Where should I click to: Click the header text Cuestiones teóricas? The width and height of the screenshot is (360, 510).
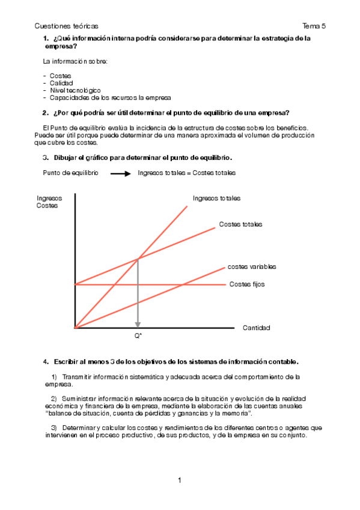click(67, 26)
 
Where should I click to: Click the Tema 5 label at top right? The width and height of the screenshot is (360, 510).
click(314, 26)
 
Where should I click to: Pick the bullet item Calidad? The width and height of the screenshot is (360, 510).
click(61, 82)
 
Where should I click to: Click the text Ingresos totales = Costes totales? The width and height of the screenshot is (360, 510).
click(187, 173)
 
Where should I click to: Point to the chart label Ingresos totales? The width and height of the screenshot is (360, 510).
click(217, 198)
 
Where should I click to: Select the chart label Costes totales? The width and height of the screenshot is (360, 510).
click(240, 224)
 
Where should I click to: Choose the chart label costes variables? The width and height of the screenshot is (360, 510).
click(252, 266)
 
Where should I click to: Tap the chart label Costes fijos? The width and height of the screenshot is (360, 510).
click(247, 284)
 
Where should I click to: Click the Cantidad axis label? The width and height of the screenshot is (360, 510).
click(257, 328)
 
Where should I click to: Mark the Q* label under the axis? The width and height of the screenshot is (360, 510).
click(138, 336)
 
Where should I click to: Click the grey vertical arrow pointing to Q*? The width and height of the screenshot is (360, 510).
click(138, 295)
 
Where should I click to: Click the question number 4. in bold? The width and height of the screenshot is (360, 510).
click(46, 361)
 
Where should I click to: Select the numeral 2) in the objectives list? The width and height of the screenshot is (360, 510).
click(53, 399)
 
